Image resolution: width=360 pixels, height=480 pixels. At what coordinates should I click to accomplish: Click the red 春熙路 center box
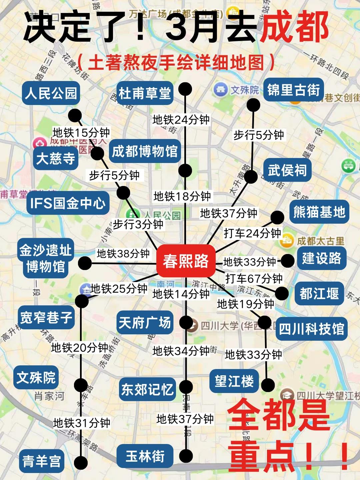[x=186, y=261]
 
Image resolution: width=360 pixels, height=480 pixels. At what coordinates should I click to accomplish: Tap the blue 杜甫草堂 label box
[x=145, y=93]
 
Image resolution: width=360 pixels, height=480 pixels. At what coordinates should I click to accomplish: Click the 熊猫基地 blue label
[x=319, y=212]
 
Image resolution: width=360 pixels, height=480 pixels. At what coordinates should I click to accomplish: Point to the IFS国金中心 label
[x=68, y=203]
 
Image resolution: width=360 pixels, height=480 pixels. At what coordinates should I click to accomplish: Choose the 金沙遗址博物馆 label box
[x=46, y=258]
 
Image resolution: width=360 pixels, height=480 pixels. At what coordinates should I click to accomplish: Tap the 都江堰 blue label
[x=319, y=294]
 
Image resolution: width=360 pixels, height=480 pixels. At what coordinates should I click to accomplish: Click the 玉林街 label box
[x=145, y=456]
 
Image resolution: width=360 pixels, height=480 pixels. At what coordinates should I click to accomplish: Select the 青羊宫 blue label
[x=42, y=461]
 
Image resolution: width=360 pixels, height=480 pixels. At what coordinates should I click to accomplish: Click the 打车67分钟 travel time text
[x=254, y=278]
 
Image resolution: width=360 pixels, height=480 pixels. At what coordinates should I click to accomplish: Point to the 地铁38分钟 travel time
[x=123, y=254]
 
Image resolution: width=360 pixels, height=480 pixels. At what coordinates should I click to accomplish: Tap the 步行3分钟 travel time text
[x=138, y=224]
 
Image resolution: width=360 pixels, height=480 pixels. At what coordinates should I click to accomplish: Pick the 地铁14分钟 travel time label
[x=181, y=294]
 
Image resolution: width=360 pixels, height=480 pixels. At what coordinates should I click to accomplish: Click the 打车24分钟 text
[x=252, y=233]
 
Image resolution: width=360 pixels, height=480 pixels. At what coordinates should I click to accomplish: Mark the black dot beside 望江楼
[x=268, y=385]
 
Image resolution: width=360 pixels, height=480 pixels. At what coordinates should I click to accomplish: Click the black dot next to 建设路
[x=288, y=261]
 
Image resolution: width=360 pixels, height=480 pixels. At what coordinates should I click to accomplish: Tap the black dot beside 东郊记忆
[x=186, y=387]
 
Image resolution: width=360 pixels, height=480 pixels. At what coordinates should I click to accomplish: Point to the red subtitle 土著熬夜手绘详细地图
[x=176, y=62]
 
